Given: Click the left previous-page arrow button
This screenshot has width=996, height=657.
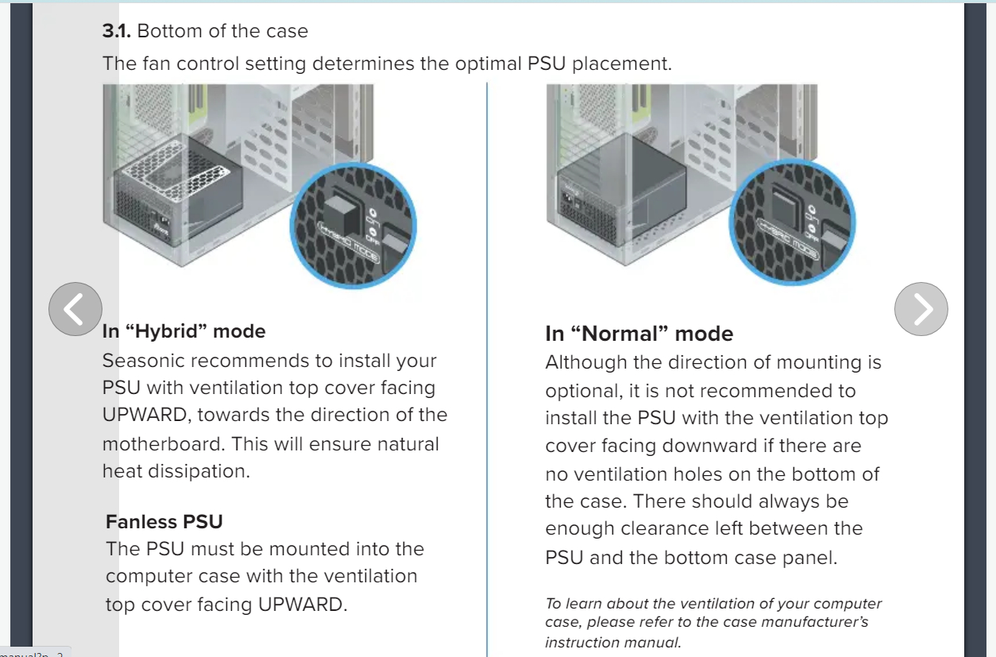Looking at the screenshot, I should [75, 308].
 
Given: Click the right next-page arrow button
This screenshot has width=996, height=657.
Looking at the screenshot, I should [921, 308].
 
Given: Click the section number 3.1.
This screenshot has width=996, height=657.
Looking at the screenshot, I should [117, 32].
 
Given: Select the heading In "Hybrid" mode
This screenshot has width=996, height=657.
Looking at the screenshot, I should [183, 331].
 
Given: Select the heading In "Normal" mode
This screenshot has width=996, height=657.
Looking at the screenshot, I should [639, 334].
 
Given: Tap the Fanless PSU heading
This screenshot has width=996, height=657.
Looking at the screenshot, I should [164, 522].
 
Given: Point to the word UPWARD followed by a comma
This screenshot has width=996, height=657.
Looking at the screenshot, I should [145, 415].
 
